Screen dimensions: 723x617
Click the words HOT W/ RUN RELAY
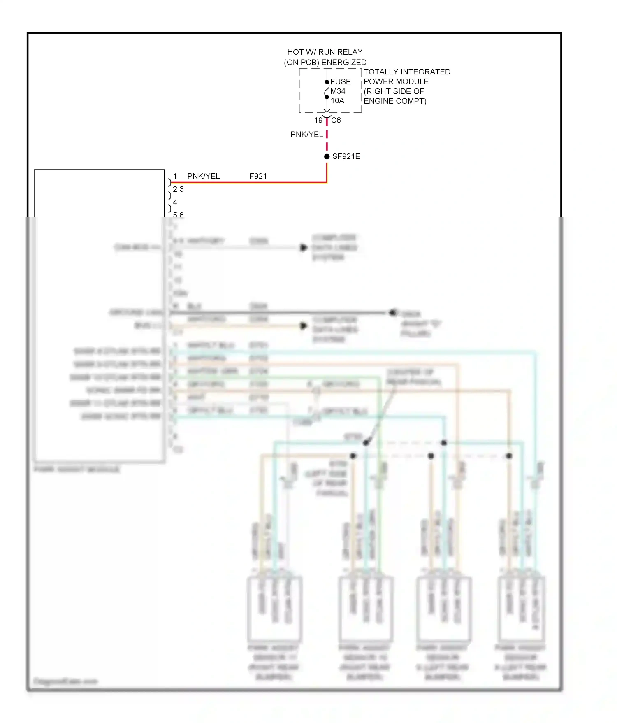tap(325, 52)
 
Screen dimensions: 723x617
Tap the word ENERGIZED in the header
tap(344, 63)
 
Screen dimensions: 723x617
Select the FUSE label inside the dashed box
tap(341, 82)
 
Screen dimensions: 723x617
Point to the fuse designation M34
tap(338, 91)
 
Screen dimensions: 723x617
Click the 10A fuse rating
tap(337, 101)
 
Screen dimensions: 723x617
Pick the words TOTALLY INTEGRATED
tap(407, 72)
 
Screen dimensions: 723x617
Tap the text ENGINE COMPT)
tap(395, 101)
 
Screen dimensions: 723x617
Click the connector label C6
tap(336, 121)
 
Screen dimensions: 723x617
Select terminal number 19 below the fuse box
tap(318, 121)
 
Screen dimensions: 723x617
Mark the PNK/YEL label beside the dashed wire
tap(306, 135)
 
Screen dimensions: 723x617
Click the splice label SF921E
tap(346, 157)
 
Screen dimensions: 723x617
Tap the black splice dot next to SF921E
tap(327, 157)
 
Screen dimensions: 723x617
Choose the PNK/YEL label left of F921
tap(204, 177)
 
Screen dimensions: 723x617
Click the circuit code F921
tap(258, 177)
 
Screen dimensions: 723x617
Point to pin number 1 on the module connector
tap(175, 177)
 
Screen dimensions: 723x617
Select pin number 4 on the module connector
tap(175, 202)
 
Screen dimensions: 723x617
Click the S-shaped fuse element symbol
tap(327, 90)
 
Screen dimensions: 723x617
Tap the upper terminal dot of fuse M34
tap(327, 82)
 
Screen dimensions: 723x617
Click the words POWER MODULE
tap(396, 82)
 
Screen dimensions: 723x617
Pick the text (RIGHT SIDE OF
tap(394, 91)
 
